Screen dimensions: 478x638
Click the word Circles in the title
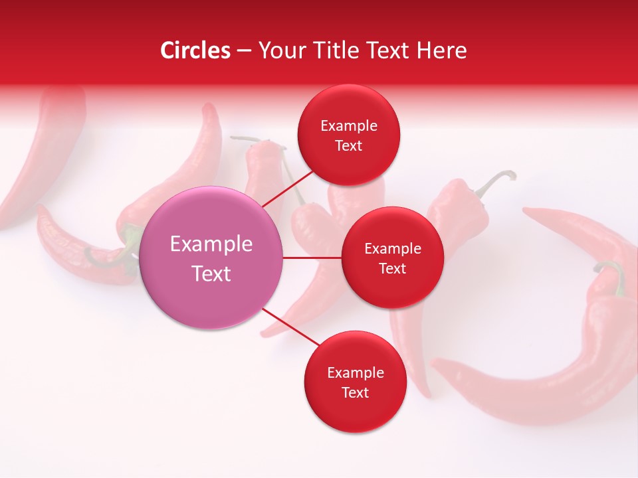tap(195, 50)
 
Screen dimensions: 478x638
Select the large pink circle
tap(211, 258)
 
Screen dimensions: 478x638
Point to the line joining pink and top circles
tap(287, 187)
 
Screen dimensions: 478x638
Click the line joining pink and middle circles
tap(312, 258)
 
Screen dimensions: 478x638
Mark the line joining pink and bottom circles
tap(290, 327)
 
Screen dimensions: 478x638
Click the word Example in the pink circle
tap(211, 244)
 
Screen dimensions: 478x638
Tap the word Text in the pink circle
tap(211, 274)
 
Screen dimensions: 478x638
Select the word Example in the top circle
tap(349, 125)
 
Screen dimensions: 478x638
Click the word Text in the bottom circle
tap(355, 392)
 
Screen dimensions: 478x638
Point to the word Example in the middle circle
tap(392, 248)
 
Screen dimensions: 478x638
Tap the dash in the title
tap(243, 50)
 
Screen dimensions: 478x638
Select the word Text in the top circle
tap(349, 145)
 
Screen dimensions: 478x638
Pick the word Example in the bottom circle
tap(355, 372)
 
